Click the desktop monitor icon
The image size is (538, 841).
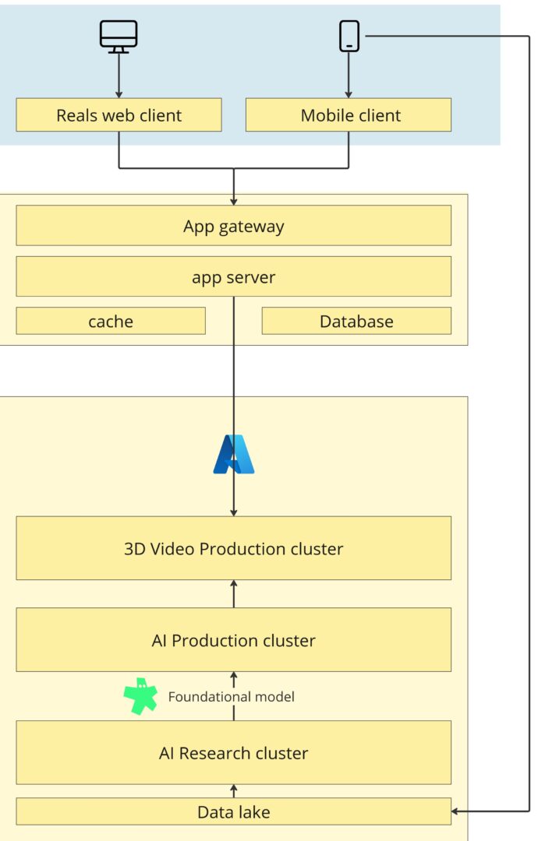point(119,36)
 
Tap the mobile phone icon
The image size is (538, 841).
point(349,36)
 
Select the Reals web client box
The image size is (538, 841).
point(119,115)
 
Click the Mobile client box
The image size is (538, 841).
point(349,115)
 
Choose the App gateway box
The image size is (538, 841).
point(233,226)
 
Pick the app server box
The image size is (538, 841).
point(233,276)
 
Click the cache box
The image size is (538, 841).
point(111,321)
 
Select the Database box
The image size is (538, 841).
point(356,321)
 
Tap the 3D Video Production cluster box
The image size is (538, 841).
point(233,548)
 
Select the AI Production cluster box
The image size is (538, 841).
point(233,640)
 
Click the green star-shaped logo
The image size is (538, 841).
point(140,696)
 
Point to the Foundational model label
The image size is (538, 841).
point(231,697)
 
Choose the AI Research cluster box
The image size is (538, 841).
point(233,752)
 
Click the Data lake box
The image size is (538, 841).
point(233,811)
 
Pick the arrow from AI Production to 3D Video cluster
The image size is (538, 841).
point(233,594)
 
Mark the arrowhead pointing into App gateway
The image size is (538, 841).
point(233,200)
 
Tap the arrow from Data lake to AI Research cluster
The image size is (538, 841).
point(233,791)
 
